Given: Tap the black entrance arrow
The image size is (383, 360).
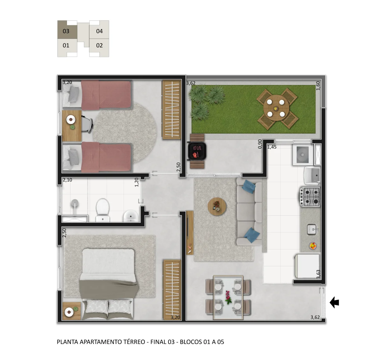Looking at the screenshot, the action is tap(334, 302).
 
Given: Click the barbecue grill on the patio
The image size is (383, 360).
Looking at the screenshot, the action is tap(197, 151).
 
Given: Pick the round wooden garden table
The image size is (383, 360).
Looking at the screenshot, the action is tap(276, 108).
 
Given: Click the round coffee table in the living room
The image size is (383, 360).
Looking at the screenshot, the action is tap(217, 206).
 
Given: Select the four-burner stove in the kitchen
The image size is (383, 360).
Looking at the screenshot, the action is tap(310, 197).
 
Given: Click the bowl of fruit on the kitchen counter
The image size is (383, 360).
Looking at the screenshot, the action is tap(312, 246).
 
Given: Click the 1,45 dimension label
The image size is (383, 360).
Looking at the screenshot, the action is tap(272, 147).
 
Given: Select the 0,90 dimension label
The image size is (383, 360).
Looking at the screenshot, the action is tap(260, 144).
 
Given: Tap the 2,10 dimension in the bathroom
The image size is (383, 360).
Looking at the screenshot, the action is tap(67, 180).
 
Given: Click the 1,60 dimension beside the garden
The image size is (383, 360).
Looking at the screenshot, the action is tap(318, 86).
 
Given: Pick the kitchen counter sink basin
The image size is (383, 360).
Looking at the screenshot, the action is tap(312, 230).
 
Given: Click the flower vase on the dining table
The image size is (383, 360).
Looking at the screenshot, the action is tap(228, 297).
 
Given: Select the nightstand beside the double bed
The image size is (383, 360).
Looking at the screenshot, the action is tap(71, 311).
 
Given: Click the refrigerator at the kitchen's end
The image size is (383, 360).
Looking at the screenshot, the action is tap(307, 266).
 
